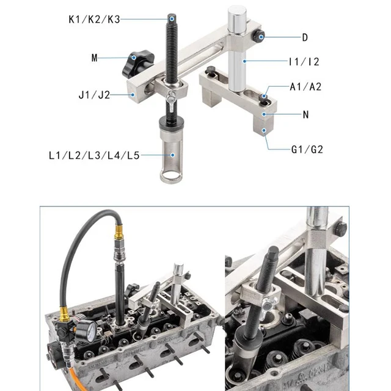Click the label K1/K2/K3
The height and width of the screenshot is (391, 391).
(95, 18)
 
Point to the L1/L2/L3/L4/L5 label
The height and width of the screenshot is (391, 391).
(95, 155)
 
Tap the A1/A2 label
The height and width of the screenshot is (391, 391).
(305, 87)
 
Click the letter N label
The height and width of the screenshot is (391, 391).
(305, 114)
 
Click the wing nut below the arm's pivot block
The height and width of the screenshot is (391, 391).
(174, 97)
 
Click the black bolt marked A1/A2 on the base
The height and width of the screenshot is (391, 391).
(263, 96)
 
